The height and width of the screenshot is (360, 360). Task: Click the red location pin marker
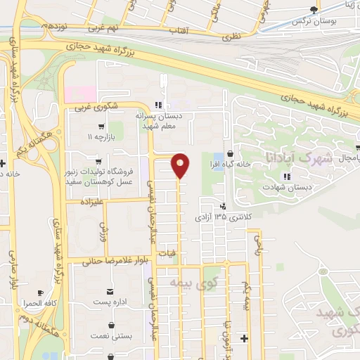(180, 165)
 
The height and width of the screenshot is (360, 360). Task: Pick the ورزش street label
(103, 229)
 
